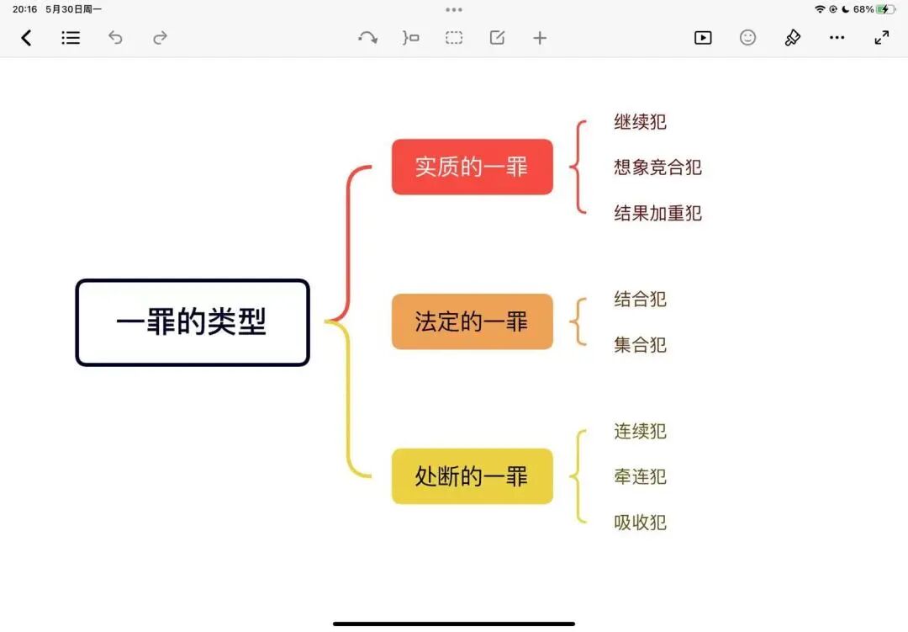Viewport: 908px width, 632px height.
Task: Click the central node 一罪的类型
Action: pos(193,322)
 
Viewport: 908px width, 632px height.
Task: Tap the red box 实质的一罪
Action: pos(472,167)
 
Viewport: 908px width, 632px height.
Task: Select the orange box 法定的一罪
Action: pos(472,321)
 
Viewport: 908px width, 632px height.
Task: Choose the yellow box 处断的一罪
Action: pos(472,476)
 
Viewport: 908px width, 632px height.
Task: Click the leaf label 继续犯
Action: pos(640,122)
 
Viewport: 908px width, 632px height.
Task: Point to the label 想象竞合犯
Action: pos(657,167)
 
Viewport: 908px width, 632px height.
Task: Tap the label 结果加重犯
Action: pos(657,213)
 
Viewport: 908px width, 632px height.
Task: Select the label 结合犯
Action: pos(640,299)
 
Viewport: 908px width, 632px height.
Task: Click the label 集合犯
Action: pos(640,344)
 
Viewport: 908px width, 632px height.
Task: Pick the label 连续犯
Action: pos(640,431)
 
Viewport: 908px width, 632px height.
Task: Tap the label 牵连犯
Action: pos(640,476)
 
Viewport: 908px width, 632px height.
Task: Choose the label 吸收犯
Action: pos(640,523)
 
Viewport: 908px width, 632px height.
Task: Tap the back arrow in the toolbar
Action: pos(26,38)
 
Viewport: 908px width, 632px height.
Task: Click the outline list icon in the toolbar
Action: pos(71,38)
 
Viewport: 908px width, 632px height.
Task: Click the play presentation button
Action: pos(703,38)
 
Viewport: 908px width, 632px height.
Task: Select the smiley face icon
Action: pos(747,38)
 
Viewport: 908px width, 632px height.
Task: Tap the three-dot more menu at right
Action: pos(837,38)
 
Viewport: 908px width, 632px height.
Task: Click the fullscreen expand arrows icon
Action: pos(881,38)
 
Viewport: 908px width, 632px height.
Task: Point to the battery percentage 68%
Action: pos(863,9)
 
